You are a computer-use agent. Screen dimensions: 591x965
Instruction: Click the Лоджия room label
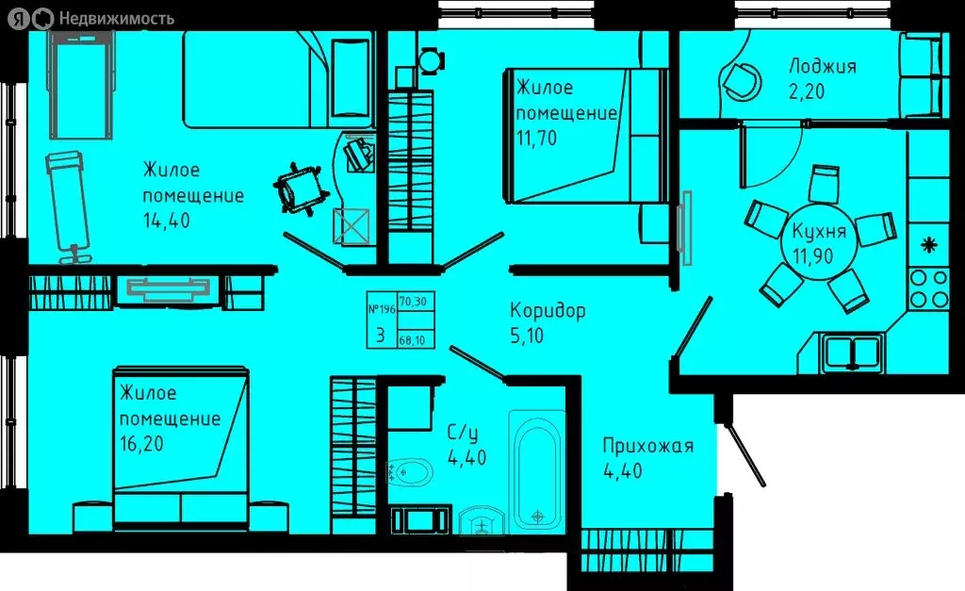tap(823, 66)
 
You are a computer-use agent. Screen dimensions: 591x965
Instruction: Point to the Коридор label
tap(548, 310)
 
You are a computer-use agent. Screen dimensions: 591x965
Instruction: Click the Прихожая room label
tap(648, 446)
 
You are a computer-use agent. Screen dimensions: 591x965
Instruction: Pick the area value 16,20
tap(142, 443)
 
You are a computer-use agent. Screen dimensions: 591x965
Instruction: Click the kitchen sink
tap(850, 351)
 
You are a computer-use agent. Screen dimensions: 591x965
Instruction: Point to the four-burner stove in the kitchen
tap(928, 287)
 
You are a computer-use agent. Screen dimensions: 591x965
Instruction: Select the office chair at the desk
tap(301, 186)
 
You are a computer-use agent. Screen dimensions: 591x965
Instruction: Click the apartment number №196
tap(380, 308)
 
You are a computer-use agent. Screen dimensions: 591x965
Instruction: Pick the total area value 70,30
tap(413, 303)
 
